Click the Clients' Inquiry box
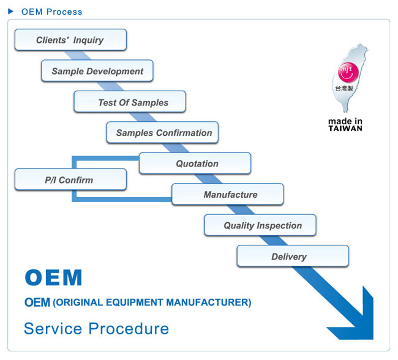[70, 40]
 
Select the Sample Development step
[97, 71]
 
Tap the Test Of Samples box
[130, 102]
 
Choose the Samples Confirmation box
[162, 132]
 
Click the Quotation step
[195, 163]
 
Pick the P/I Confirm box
[70, 179]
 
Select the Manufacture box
[228, 194]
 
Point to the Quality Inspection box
[260, 225]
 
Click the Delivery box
[293, 256]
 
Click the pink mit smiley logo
[348, 72]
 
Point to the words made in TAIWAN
[345, 125]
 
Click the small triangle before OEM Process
[10, 12]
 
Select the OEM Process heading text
[52, 12]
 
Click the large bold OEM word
[53, 277]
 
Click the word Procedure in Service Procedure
[129, 329]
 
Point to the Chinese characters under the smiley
[344, 88]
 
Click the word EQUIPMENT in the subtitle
[135, 302]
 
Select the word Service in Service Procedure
[53, 329]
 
